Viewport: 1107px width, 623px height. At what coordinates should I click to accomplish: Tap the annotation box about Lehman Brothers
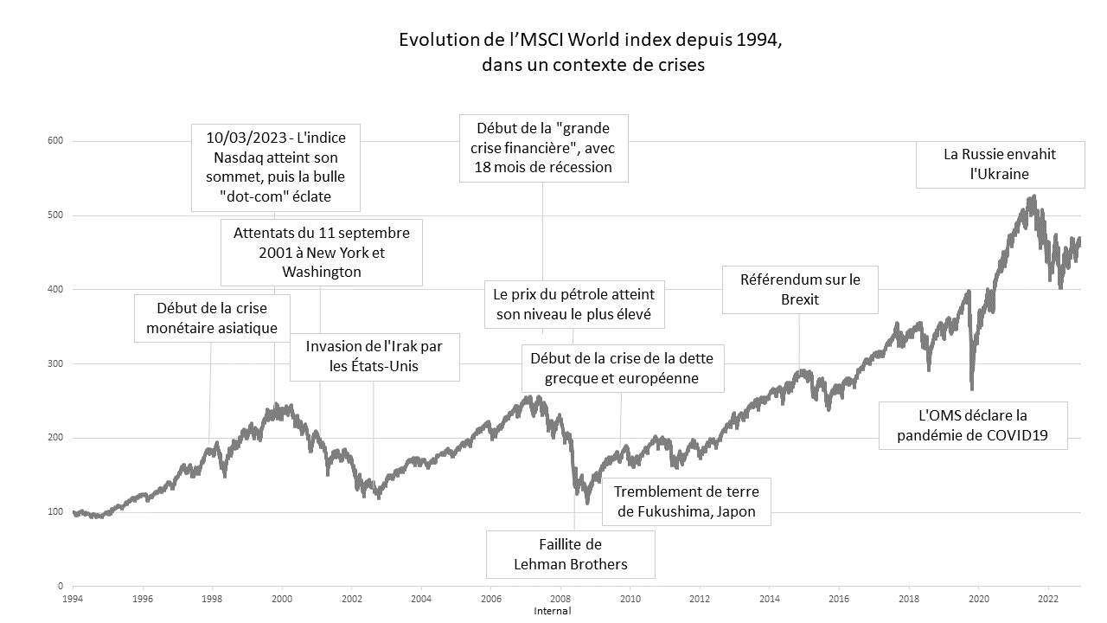[x=570, y=555]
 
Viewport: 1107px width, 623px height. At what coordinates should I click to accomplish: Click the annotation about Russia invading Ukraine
[x=999, y=164]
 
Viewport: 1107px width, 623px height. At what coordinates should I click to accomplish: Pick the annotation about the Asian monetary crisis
[x=212, y=318]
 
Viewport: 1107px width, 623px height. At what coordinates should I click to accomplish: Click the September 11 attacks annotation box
[x=321, y=253]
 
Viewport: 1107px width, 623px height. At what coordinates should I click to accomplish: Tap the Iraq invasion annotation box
[x=374, y=356]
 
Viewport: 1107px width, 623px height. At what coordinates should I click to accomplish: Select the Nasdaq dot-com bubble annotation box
[x=275, y=168]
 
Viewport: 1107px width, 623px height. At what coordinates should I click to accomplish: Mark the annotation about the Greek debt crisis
[x=621, y=368]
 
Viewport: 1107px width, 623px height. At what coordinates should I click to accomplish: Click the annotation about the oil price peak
[x=574, y=304]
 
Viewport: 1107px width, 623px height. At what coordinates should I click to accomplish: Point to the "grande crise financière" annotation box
[x=543, y=148]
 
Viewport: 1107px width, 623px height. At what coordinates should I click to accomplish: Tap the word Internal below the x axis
[x=553, y=611]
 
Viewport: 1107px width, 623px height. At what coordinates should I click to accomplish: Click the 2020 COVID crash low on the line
[x=972, y=388]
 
